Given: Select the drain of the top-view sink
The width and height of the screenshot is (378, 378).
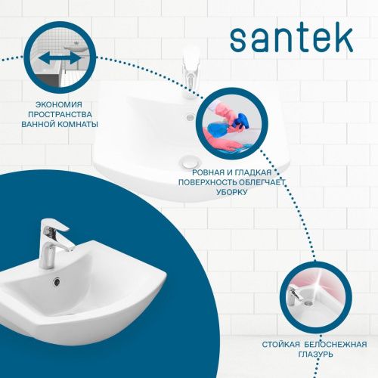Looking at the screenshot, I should (187, 161).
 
